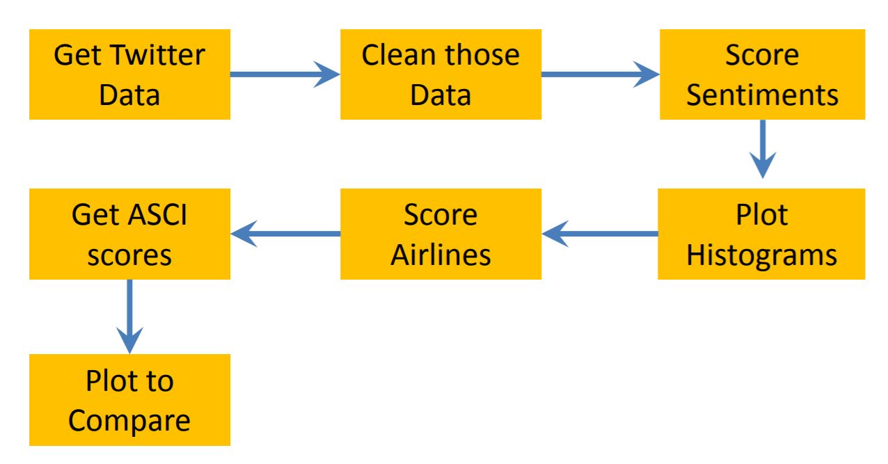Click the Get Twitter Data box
129,75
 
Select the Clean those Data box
441,75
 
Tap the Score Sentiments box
761,75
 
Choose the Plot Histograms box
761,234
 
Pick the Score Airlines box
441,234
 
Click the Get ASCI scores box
129,234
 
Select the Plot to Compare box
129,400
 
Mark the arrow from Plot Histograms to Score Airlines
599,234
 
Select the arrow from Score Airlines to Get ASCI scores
285,234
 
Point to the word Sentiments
761,95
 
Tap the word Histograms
761,255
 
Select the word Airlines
441,255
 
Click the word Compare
129,421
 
